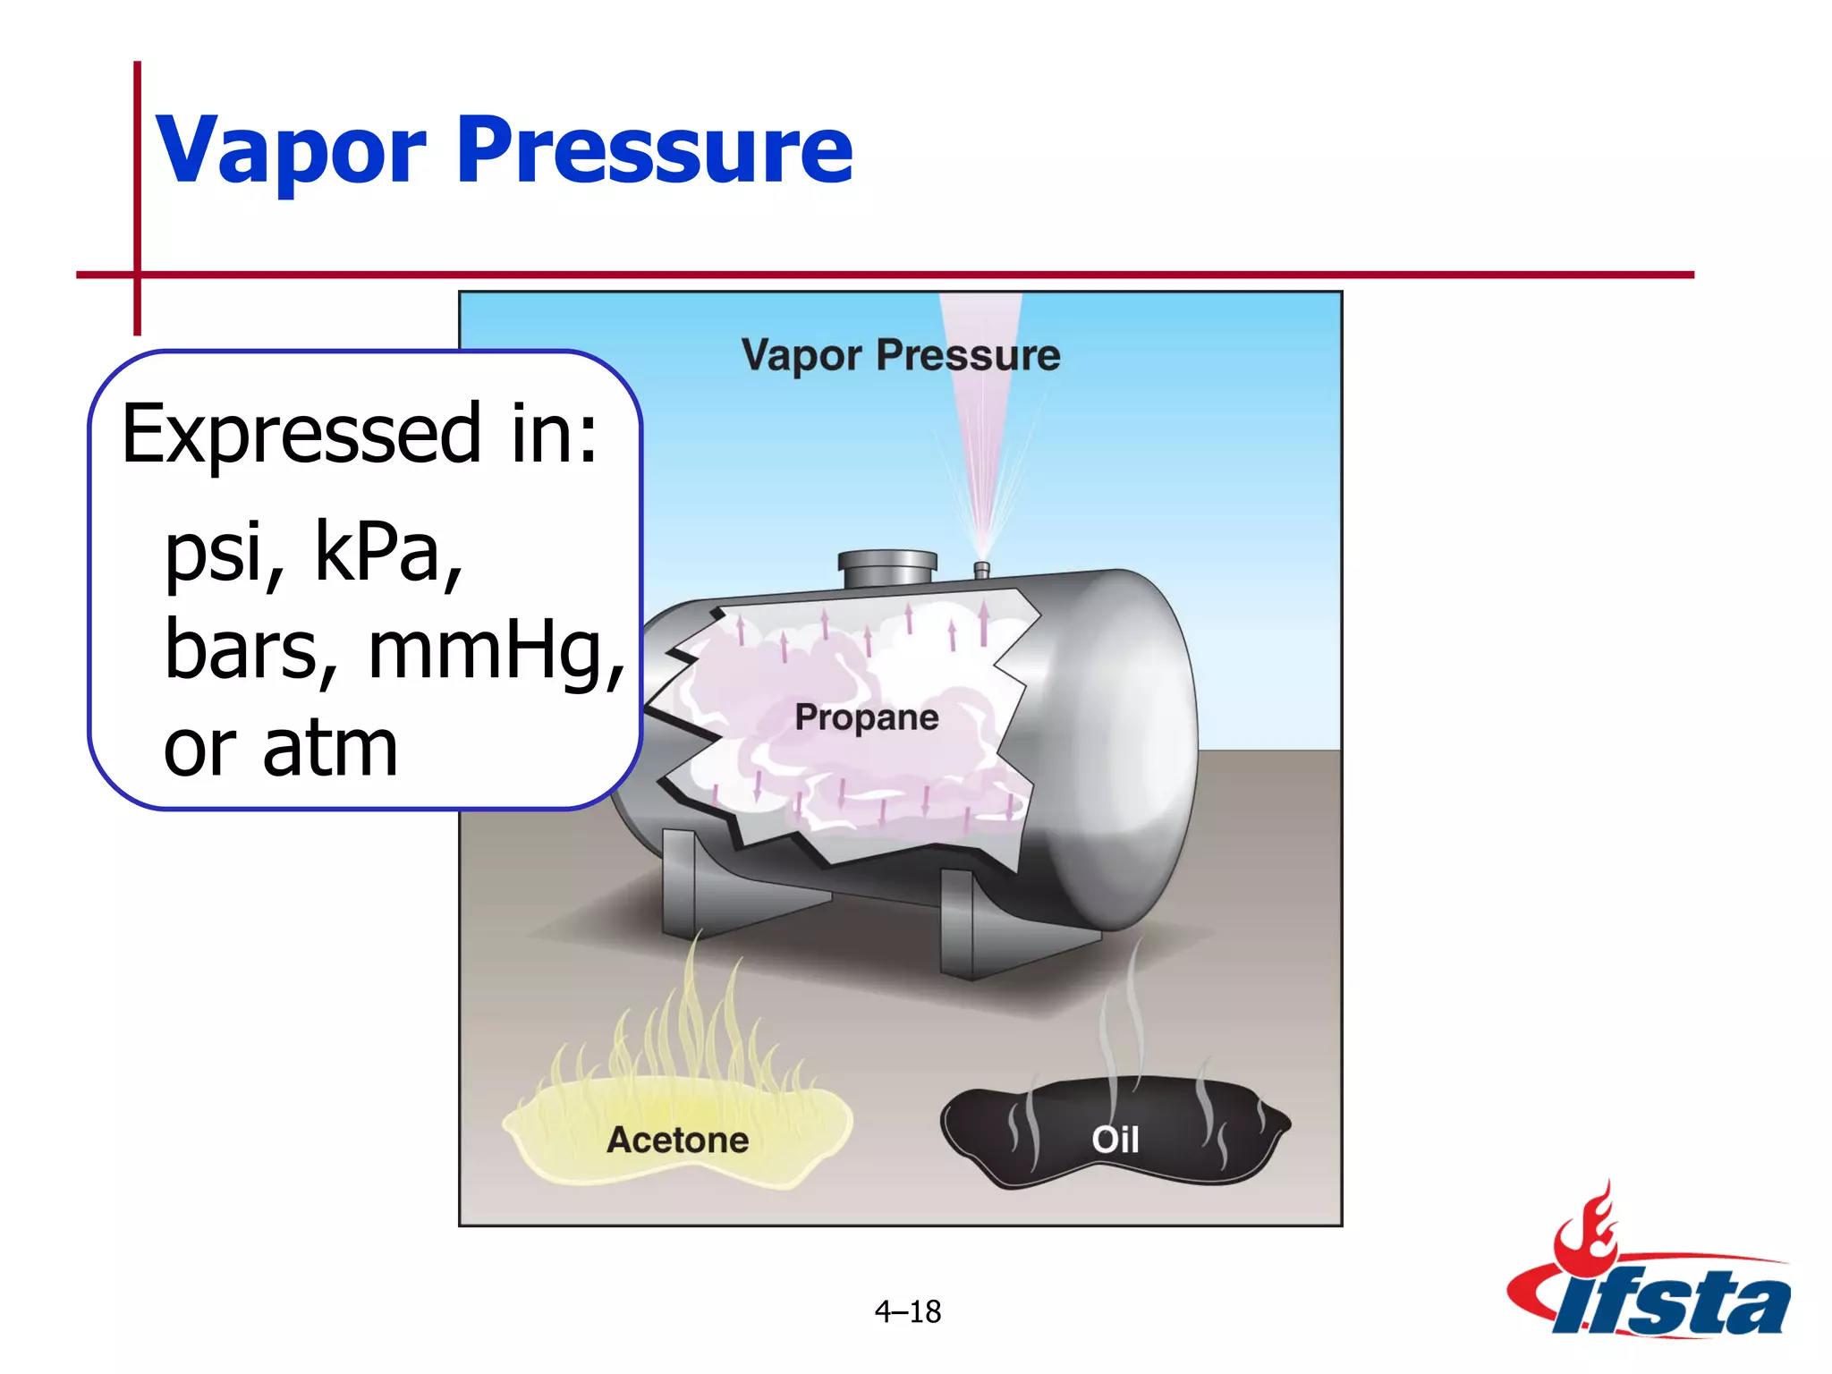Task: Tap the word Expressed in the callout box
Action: pos(301,435)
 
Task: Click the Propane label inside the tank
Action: pos(866,717)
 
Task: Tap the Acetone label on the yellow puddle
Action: pos(677,1140)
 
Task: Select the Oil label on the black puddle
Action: pos(1115,1140)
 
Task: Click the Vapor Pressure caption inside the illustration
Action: pos(900,355)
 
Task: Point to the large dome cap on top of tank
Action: pos(886,569)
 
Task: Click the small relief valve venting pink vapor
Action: pos(981,570)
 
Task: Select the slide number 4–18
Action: pos(907,1311)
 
